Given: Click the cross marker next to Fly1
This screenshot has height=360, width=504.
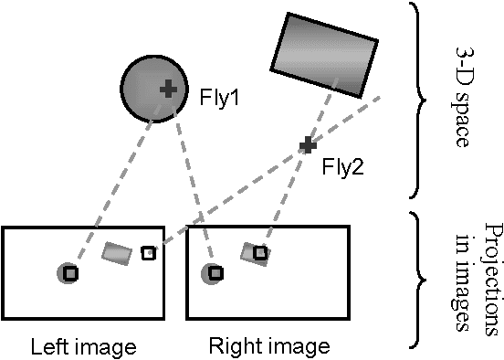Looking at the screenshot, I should [x=168, y=89].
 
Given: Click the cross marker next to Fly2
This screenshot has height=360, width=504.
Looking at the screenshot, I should [x=308, y=144].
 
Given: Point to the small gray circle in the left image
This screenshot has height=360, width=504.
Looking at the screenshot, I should [x=67, y=272].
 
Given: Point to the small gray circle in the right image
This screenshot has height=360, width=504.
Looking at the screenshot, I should [x=212, y=272].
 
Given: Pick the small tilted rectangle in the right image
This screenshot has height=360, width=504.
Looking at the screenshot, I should [x=254, y=254].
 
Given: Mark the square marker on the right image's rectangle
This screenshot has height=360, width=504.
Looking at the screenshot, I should [x=260, y=251].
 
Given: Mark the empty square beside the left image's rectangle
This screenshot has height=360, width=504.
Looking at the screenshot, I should [x=149, y=252].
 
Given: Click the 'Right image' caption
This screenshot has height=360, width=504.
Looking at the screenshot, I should [x=268, y=347].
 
